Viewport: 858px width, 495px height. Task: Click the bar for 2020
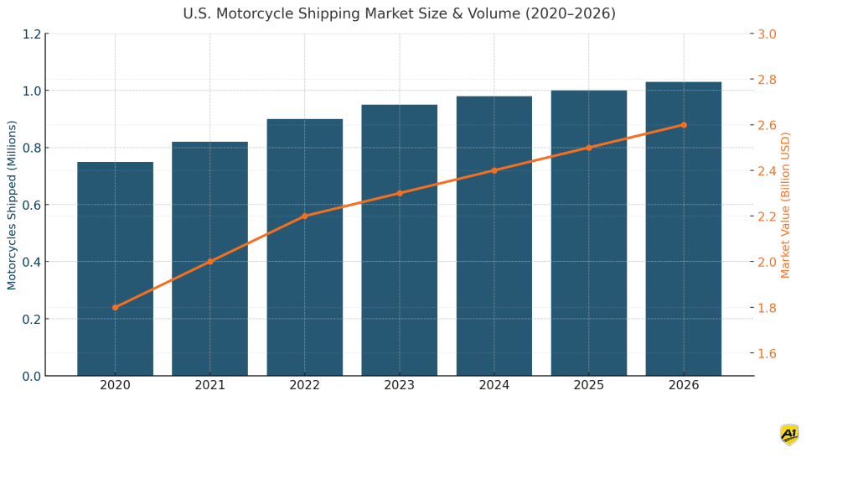pyautogui.click(x=115, y=268)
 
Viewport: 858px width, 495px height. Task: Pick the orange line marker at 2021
pyautogui.click(x=209, y=262)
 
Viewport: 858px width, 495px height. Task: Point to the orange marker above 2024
pyautogui.click(x=494, y=170)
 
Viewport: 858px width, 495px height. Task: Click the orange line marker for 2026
pyautogui.click(x=683, y=125)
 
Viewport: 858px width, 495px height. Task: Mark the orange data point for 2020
pyautogui.click(x=115, y=307)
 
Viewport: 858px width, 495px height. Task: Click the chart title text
pyautogui.click(x=399, y=14)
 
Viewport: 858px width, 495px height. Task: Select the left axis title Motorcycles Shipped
pyautogui.click(x=13, y=205)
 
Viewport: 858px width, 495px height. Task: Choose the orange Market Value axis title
pyautogui.click(x=786, y=205)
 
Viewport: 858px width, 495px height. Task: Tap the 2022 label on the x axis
pyautogui.click(x=304, y=385)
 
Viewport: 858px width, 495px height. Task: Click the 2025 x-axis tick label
pyautogui.click(x=588, y=385)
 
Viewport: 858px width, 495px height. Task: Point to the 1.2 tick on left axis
pyautogui.click(x=32, y=34)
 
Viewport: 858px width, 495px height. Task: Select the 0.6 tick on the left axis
pyautogui.click(x=32, y=205)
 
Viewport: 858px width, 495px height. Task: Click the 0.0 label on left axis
pyautogui.click(x=32, y=376)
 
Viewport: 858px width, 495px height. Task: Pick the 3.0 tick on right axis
pyautogui.click(x=767, y=34)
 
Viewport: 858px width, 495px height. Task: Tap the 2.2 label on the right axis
pyautogui.click(x=767, y=216)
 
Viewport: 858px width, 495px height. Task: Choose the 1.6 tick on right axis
pyautogui.click(x=767, y=353)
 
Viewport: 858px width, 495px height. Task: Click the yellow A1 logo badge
pyautogui.click(x=788, y=435)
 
